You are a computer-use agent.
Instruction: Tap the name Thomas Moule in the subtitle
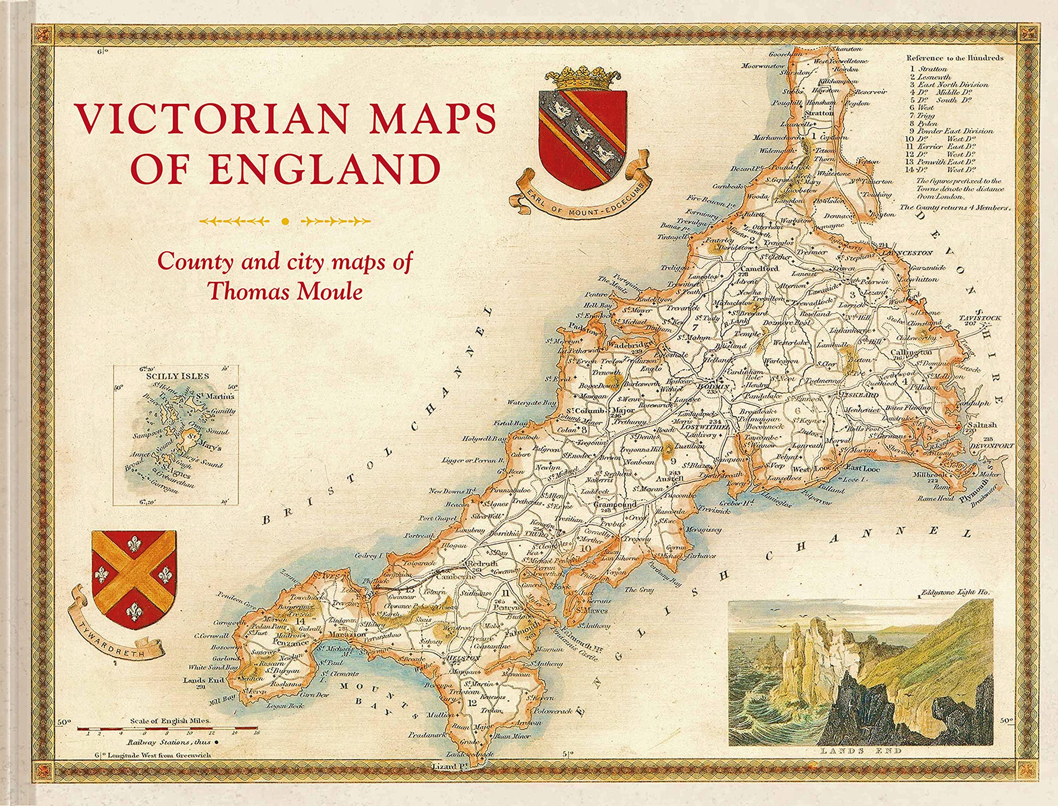[286, 291]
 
